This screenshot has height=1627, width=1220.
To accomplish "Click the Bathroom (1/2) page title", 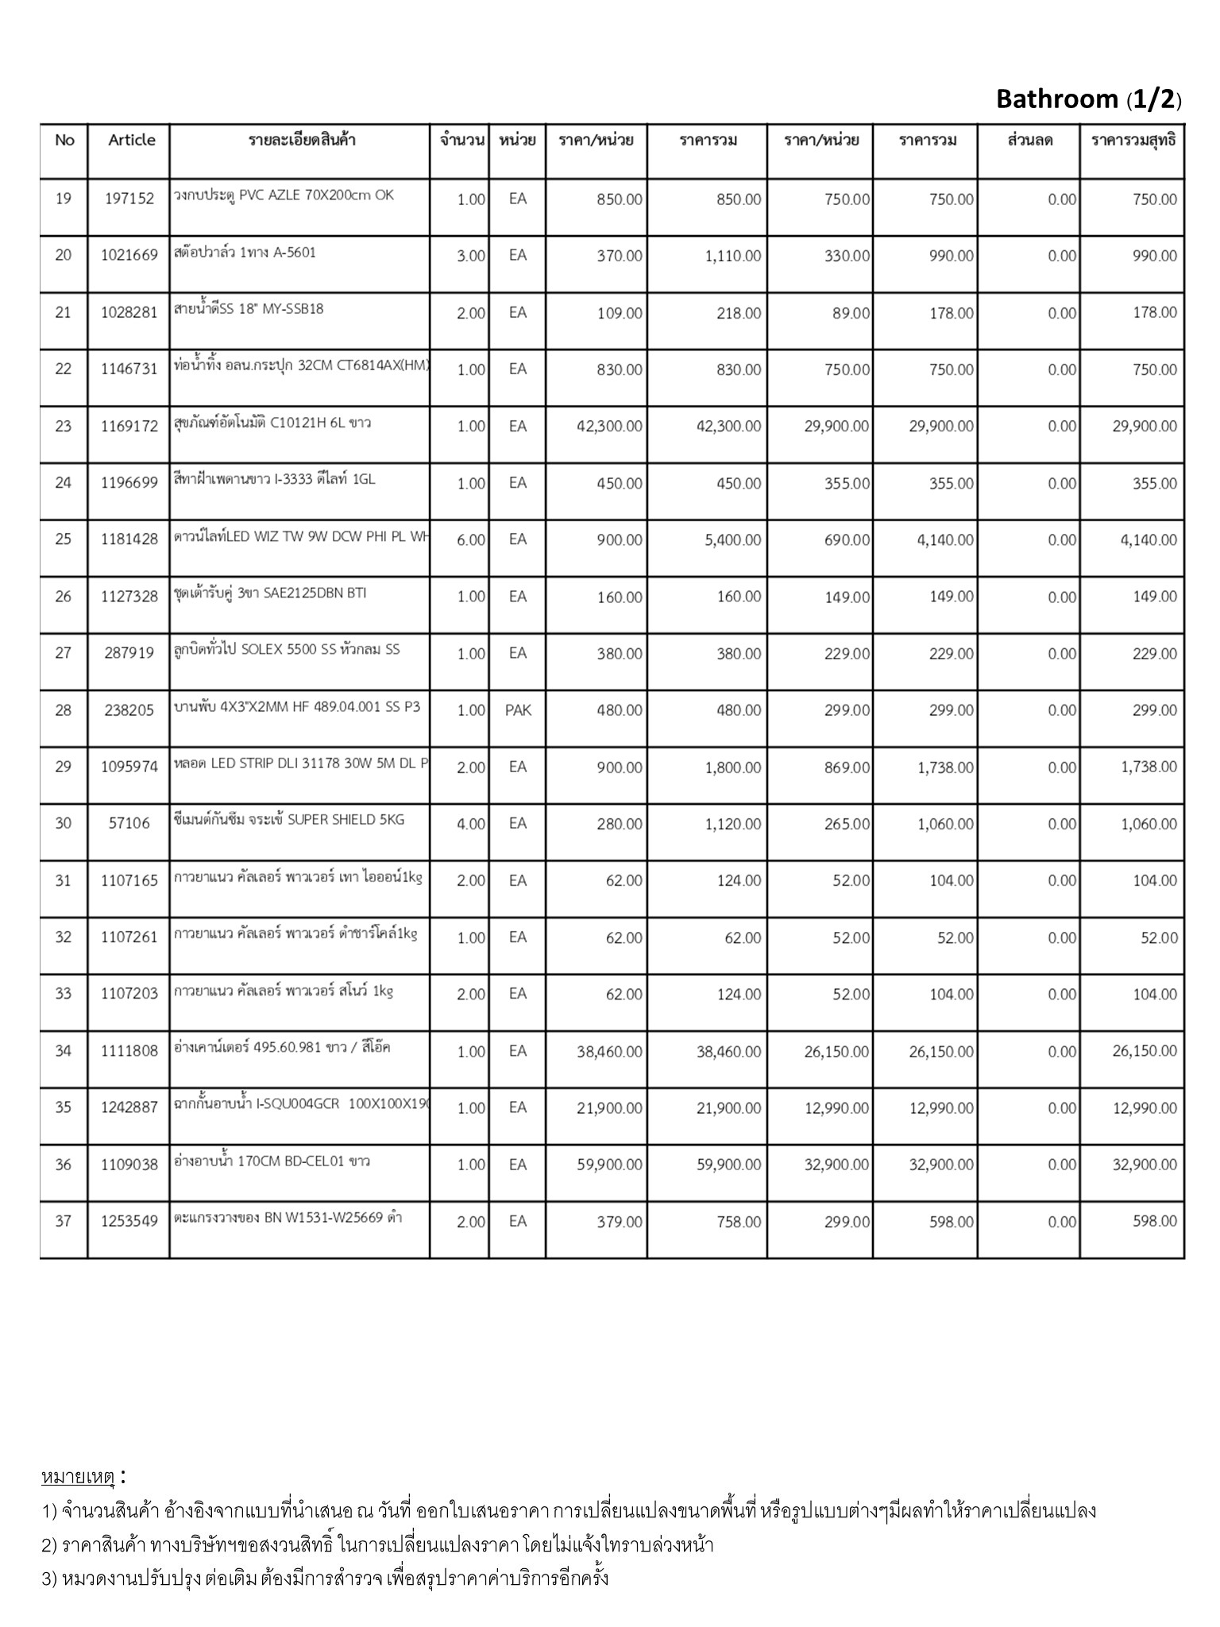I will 1088,99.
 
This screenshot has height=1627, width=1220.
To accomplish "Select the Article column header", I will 132,141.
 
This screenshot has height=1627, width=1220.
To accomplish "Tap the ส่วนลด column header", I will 1029,141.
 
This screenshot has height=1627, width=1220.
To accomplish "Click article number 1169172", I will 129,427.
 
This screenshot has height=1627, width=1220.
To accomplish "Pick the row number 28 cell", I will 64,710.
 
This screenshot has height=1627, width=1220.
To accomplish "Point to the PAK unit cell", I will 518,710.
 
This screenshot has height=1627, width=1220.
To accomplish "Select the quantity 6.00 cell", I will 471,540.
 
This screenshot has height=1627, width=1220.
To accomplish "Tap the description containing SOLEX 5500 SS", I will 287,650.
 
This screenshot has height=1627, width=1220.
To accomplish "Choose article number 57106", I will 129,824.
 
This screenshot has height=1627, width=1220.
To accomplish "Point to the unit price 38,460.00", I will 609,1052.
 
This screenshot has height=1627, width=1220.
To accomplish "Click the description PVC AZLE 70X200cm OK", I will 284,195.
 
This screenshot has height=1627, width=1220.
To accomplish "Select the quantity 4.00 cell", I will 471,825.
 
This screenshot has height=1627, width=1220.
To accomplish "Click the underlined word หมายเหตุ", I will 78,1477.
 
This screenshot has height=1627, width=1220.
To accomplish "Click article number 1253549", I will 129,1222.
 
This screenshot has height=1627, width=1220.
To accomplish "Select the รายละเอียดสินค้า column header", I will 302,141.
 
